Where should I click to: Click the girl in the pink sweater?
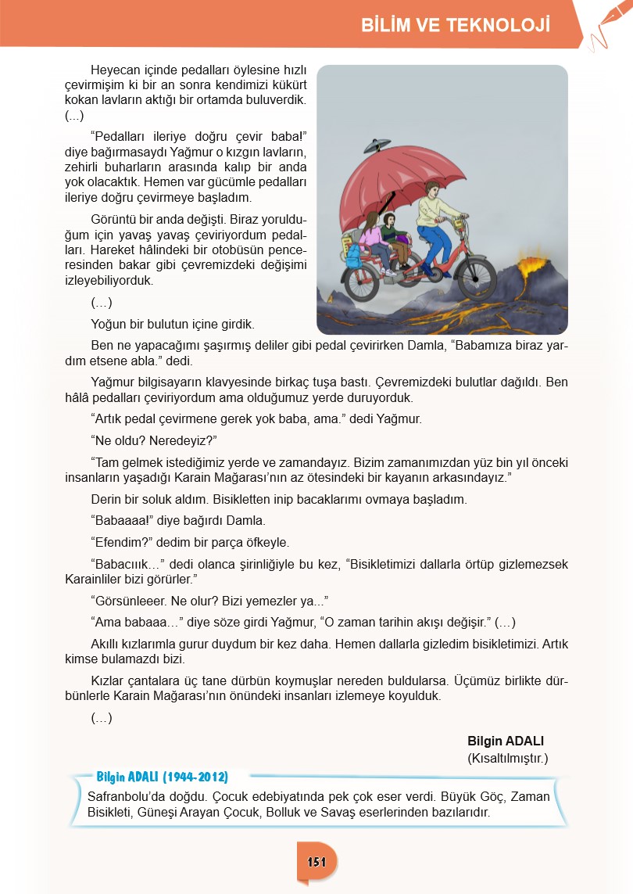coord(370,235)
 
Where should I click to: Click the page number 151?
coord(316,862)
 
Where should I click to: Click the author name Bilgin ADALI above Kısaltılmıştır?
coord(505,741)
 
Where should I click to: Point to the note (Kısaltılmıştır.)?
coord(508,758)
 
